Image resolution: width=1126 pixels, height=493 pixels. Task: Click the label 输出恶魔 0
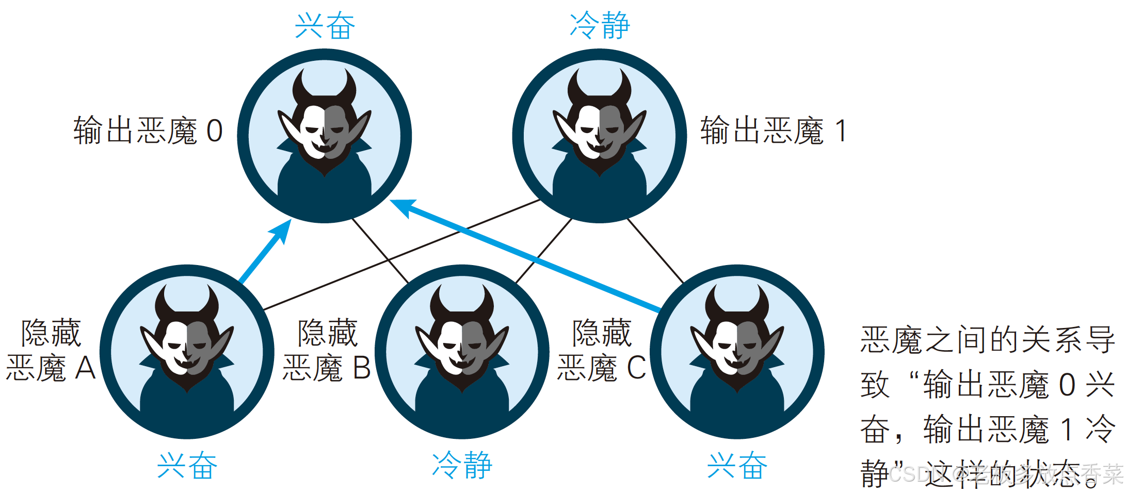point(148,131)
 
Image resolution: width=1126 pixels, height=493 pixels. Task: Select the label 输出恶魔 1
point(773,131)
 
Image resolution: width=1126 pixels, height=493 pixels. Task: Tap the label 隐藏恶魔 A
point(51,350)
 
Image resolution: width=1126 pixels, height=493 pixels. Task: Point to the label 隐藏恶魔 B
point(327,350)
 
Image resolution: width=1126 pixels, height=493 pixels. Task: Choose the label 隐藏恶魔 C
point(602,350)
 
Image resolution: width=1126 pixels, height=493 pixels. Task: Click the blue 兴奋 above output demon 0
point(325,26)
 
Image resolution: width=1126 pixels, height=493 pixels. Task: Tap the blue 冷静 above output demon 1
point(600,26)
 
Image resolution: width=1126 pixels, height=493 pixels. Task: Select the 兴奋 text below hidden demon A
point(187,466)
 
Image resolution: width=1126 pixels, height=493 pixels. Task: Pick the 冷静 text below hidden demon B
point(462,466)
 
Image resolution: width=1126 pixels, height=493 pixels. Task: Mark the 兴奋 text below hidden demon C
point(737,466)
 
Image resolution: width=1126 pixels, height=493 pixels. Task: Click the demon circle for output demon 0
point(325,136)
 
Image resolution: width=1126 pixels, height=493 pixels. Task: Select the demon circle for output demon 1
point(600,136)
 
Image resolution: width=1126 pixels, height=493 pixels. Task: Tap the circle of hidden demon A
point(187,352)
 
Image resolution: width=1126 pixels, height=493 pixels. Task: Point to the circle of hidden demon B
point(462,352)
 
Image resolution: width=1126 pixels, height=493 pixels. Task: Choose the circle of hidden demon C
point(737,352)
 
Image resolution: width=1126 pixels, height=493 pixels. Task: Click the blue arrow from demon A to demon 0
point(264,253)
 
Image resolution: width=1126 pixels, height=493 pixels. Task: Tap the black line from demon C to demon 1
point(655,251)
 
